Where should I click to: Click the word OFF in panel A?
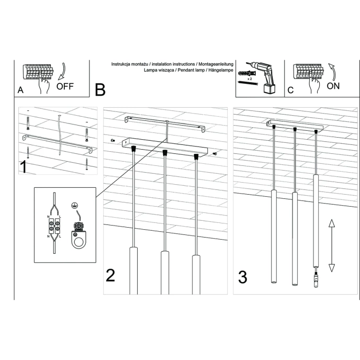coord(65,86)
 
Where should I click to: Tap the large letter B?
coord(100,90)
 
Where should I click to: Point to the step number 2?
coord(110,275)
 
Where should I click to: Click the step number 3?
coord(242,277)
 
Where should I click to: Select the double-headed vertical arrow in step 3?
coord(331,245)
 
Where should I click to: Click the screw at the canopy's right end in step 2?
coord(215,153)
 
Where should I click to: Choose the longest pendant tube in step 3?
coord(316,220)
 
